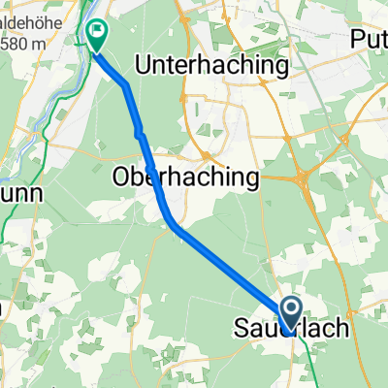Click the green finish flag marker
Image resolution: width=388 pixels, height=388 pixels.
[98, 35]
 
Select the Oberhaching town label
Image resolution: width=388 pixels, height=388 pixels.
[185, 178]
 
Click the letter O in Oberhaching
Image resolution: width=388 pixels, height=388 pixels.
[122, 178]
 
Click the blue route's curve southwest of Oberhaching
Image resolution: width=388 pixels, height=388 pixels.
[168, 215]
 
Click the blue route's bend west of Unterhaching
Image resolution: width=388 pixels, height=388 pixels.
[126, 86]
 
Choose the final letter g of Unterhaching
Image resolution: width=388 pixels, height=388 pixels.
[283, 68]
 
